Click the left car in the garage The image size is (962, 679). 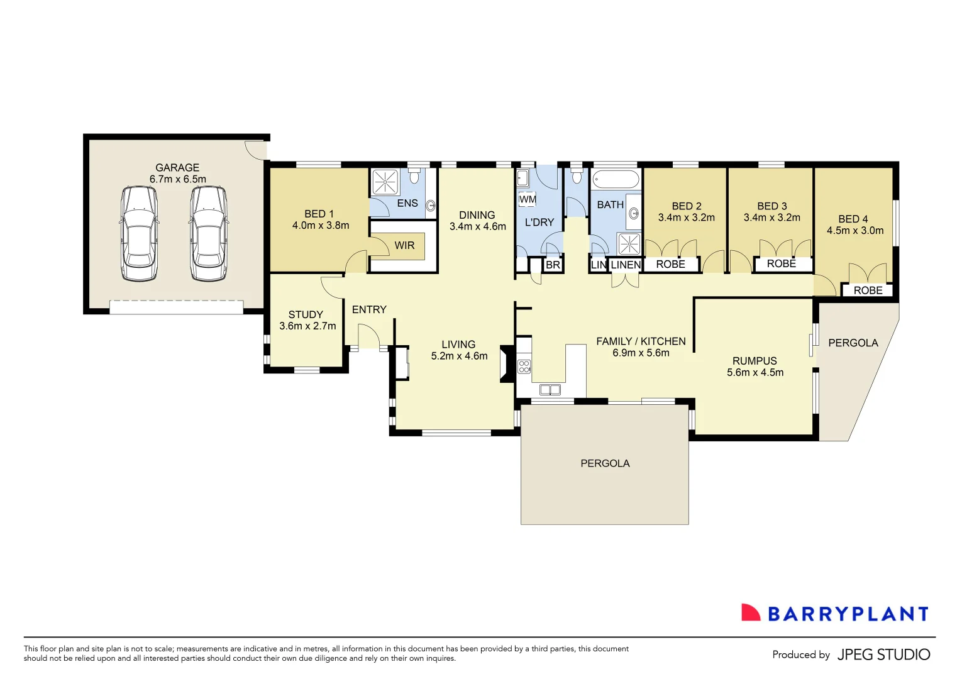[139, 233]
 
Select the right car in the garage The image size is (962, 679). [209, 233]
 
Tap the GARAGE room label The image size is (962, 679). [177, 168]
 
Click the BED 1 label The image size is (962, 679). [319, 214]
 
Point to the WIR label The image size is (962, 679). [404, 245]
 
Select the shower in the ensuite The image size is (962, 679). [385, 182]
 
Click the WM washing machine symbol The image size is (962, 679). [528, 200]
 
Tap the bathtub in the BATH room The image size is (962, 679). [616, 179]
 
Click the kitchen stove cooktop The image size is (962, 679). [524, 367]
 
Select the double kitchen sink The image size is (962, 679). [550, 390]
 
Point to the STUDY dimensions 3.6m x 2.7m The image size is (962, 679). [307, 326]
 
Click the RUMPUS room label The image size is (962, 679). [755, 361]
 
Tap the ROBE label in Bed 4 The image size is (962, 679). [868, 290]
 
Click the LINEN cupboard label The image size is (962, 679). [626, 265]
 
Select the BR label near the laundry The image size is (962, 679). [553, 265]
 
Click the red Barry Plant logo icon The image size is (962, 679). [750, 613]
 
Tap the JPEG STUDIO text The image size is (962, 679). [883, 654]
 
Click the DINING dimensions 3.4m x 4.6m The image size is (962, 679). [477, 226]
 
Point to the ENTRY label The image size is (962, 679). [369, 309]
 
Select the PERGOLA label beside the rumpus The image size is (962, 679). [853, 343]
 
